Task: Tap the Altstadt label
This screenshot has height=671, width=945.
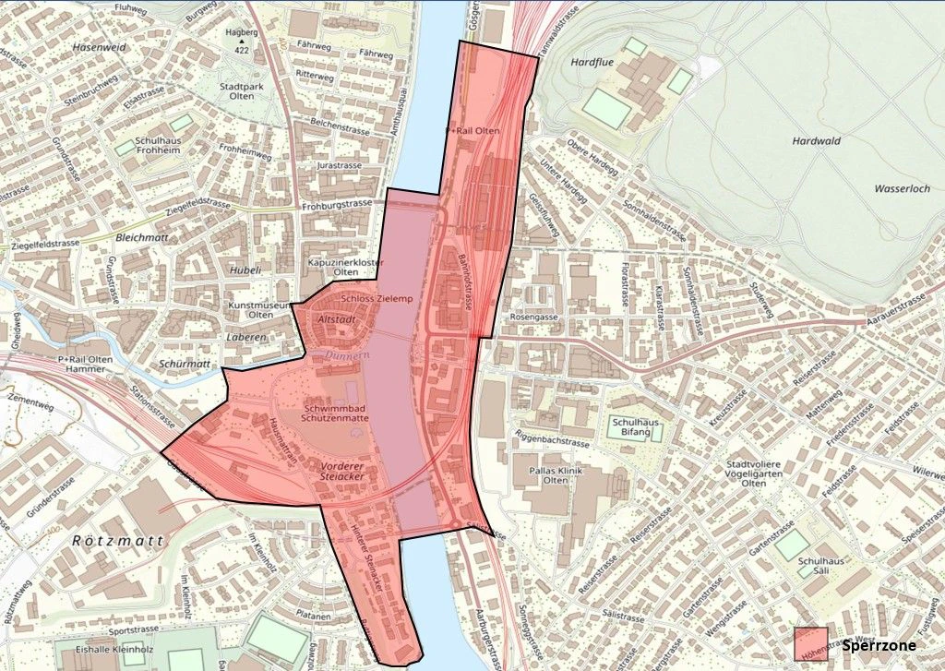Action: click(x=335, y=318)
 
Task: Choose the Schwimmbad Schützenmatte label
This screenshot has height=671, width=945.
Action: click(x=337, y=413)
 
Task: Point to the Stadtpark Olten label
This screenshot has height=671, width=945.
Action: click(x=237, y=93)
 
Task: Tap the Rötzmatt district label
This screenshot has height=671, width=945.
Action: click(x=117, y=540)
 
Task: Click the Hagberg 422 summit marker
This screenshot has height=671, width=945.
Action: click(x=243, y=42)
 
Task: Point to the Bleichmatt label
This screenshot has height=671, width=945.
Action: click(x=142, y=237)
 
